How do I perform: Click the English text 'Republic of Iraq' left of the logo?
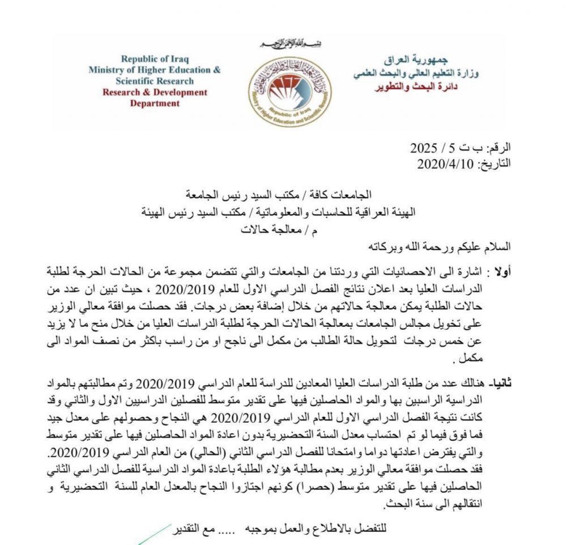tap(155, 59)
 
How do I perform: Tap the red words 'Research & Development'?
tap(155, 92)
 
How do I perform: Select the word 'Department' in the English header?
tap(155, 103)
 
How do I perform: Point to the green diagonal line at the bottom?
tap(153, 535)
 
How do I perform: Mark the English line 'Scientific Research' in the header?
tap(155, 81)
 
